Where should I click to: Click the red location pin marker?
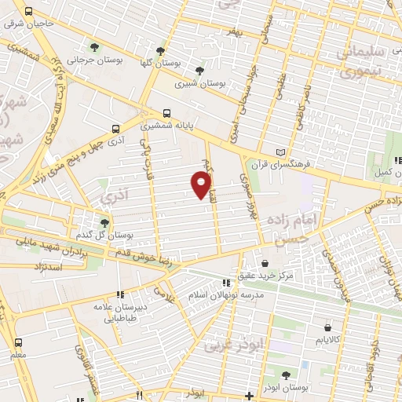(x=203, y=185)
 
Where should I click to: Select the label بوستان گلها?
(x=161, y=62)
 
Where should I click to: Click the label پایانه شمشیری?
(x=166, y=125)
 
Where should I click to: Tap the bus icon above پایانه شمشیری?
(x=166, y=112)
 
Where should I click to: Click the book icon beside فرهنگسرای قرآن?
(x=282, y=152)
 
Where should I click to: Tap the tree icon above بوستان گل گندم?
(x=104, y=224)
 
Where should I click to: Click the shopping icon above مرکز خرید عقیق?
(x=265, y=263)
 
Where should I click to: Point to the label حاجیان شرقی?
(x=29, y=24)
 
